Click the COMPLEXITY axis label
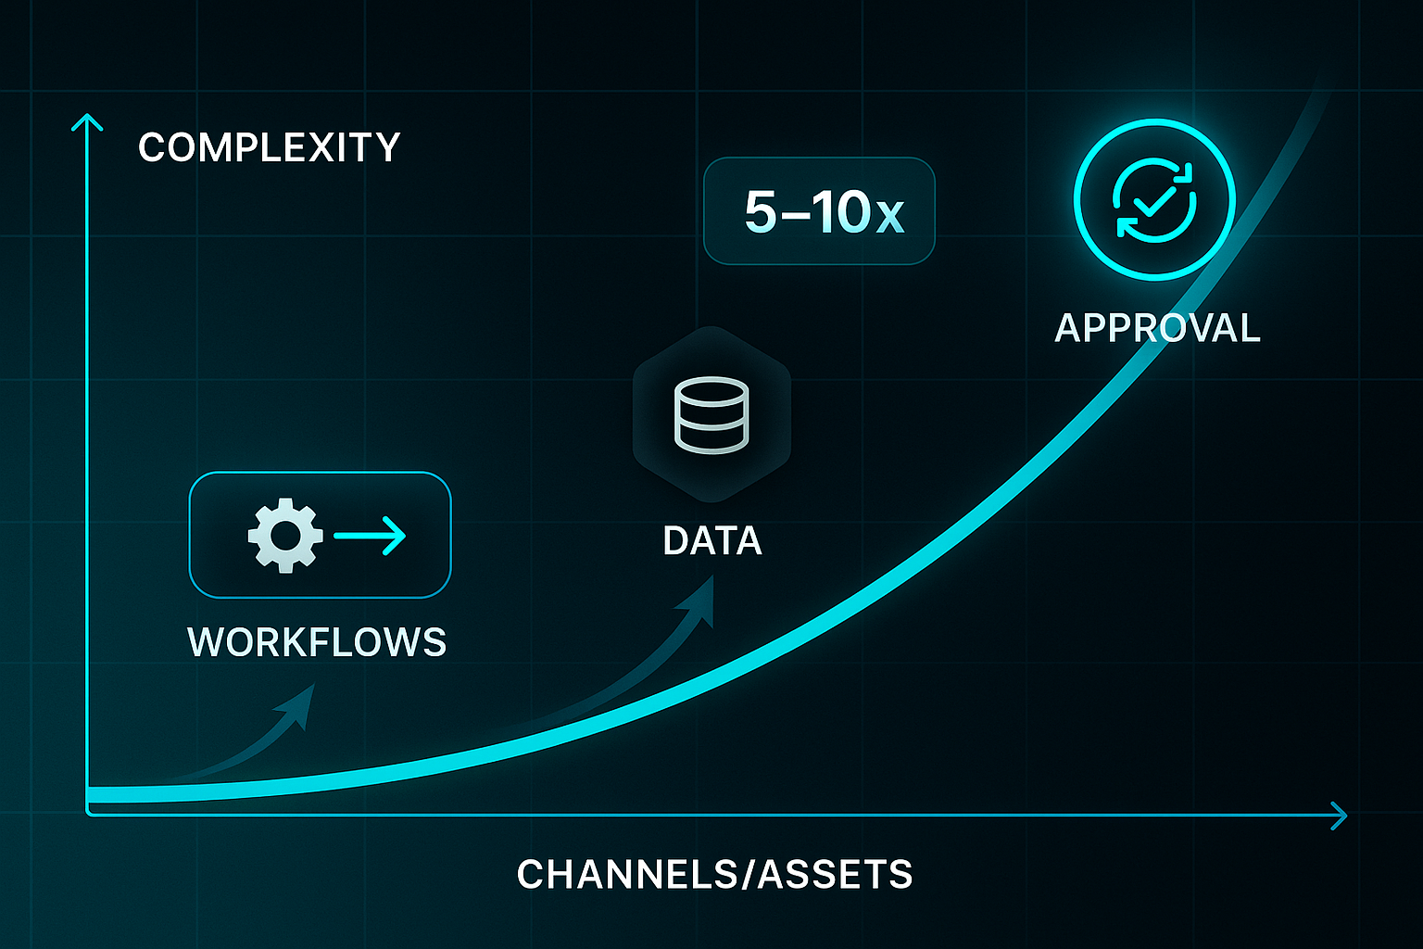click(269, 148)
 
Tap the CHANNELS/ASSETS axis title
click(714, 875)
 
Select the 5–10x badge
click(819, 211)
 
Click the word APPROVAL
click(1157, 329)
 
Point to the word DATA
click(712, 541)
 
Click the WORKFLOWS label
click(317, 642)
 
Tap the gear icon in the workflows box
click(284, 536)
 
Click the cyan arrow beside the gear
click(371, 536)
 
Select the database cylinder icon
click(711, 415)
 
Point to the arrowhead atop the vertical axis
click(87, 121)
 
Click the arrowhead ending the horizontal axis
click(1339, 816)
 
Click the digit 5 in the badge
click(761, 212)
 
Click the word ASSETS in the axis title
click(836, 875)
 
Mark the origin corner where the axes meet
click(89, 813)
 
